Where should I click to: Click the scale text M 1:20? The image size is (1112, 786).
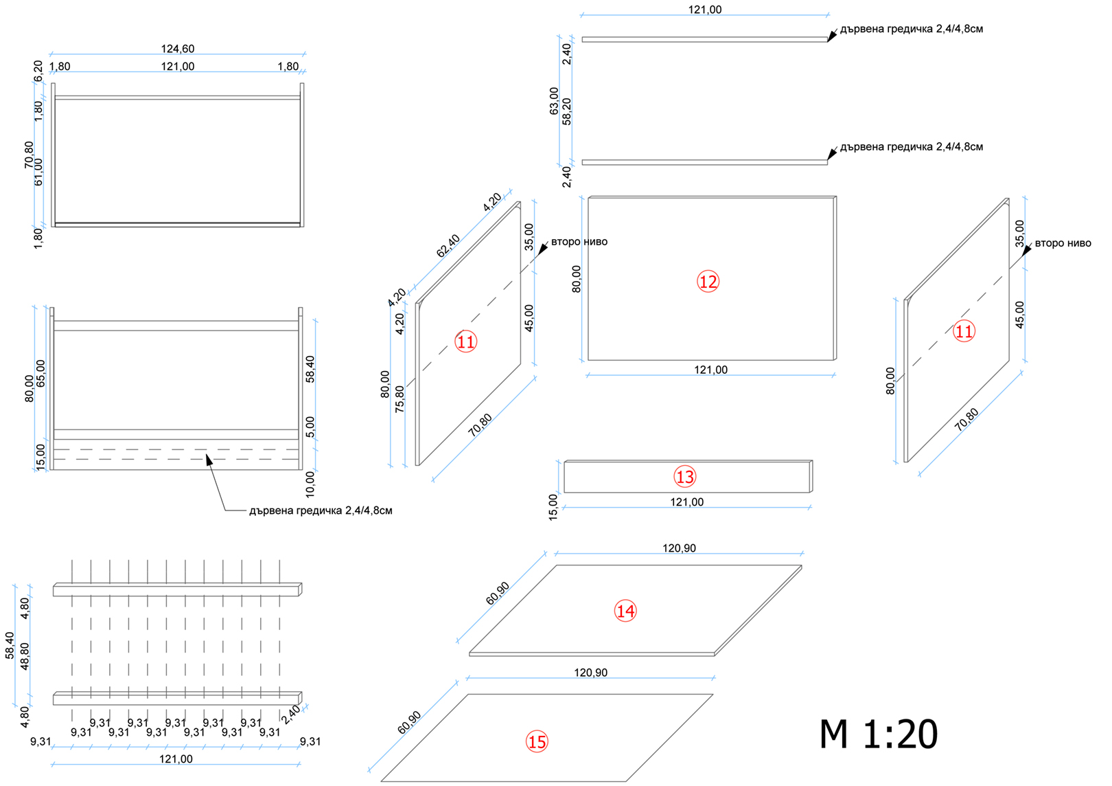point(878,734)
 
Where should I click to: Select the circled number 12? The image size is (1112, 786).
point(708,282)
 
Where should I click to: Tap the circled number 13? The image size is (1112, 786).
point(684,477)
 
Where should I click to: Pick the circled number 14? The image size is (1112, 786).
point(625,611)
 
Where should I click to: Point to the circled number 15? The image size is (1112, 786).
point(537,742)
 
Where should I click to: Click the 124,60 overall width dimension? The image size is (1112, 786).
point(178,49)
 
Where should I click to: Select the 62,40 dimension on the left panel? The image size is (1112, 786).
point(448,246)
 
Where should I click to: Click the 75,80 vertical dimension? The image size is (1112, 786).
point(399,399)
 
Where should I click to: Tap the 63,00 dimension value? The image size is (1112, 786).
point(554,101)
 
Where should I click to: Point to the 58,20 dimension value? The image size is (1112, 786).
point(566,111)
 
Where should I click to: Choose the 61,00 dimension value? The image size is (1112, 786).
point(38,172)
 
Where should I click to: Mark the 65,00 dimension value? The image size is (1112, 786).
point(40,374)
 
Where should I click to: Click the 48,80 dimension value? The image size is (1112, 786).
point(24,656)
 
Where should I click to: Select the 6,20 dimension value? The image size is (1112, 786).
point(38,71)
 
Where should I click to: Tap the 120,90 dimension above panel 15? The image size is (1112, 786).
point(591,673)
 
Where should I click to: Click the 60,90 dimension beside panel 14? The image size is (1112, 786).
point(498,593)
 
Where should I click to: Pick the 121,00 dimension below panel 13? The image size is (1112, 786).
point(687,502)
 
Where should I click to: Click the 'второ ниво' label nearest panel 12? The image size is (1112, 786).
point(579,242)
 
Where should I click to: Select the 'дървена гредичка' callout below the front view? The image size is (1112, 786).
point(321,510)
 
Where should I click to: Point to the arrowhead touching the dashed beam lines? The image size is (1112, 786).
point(209,460)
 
